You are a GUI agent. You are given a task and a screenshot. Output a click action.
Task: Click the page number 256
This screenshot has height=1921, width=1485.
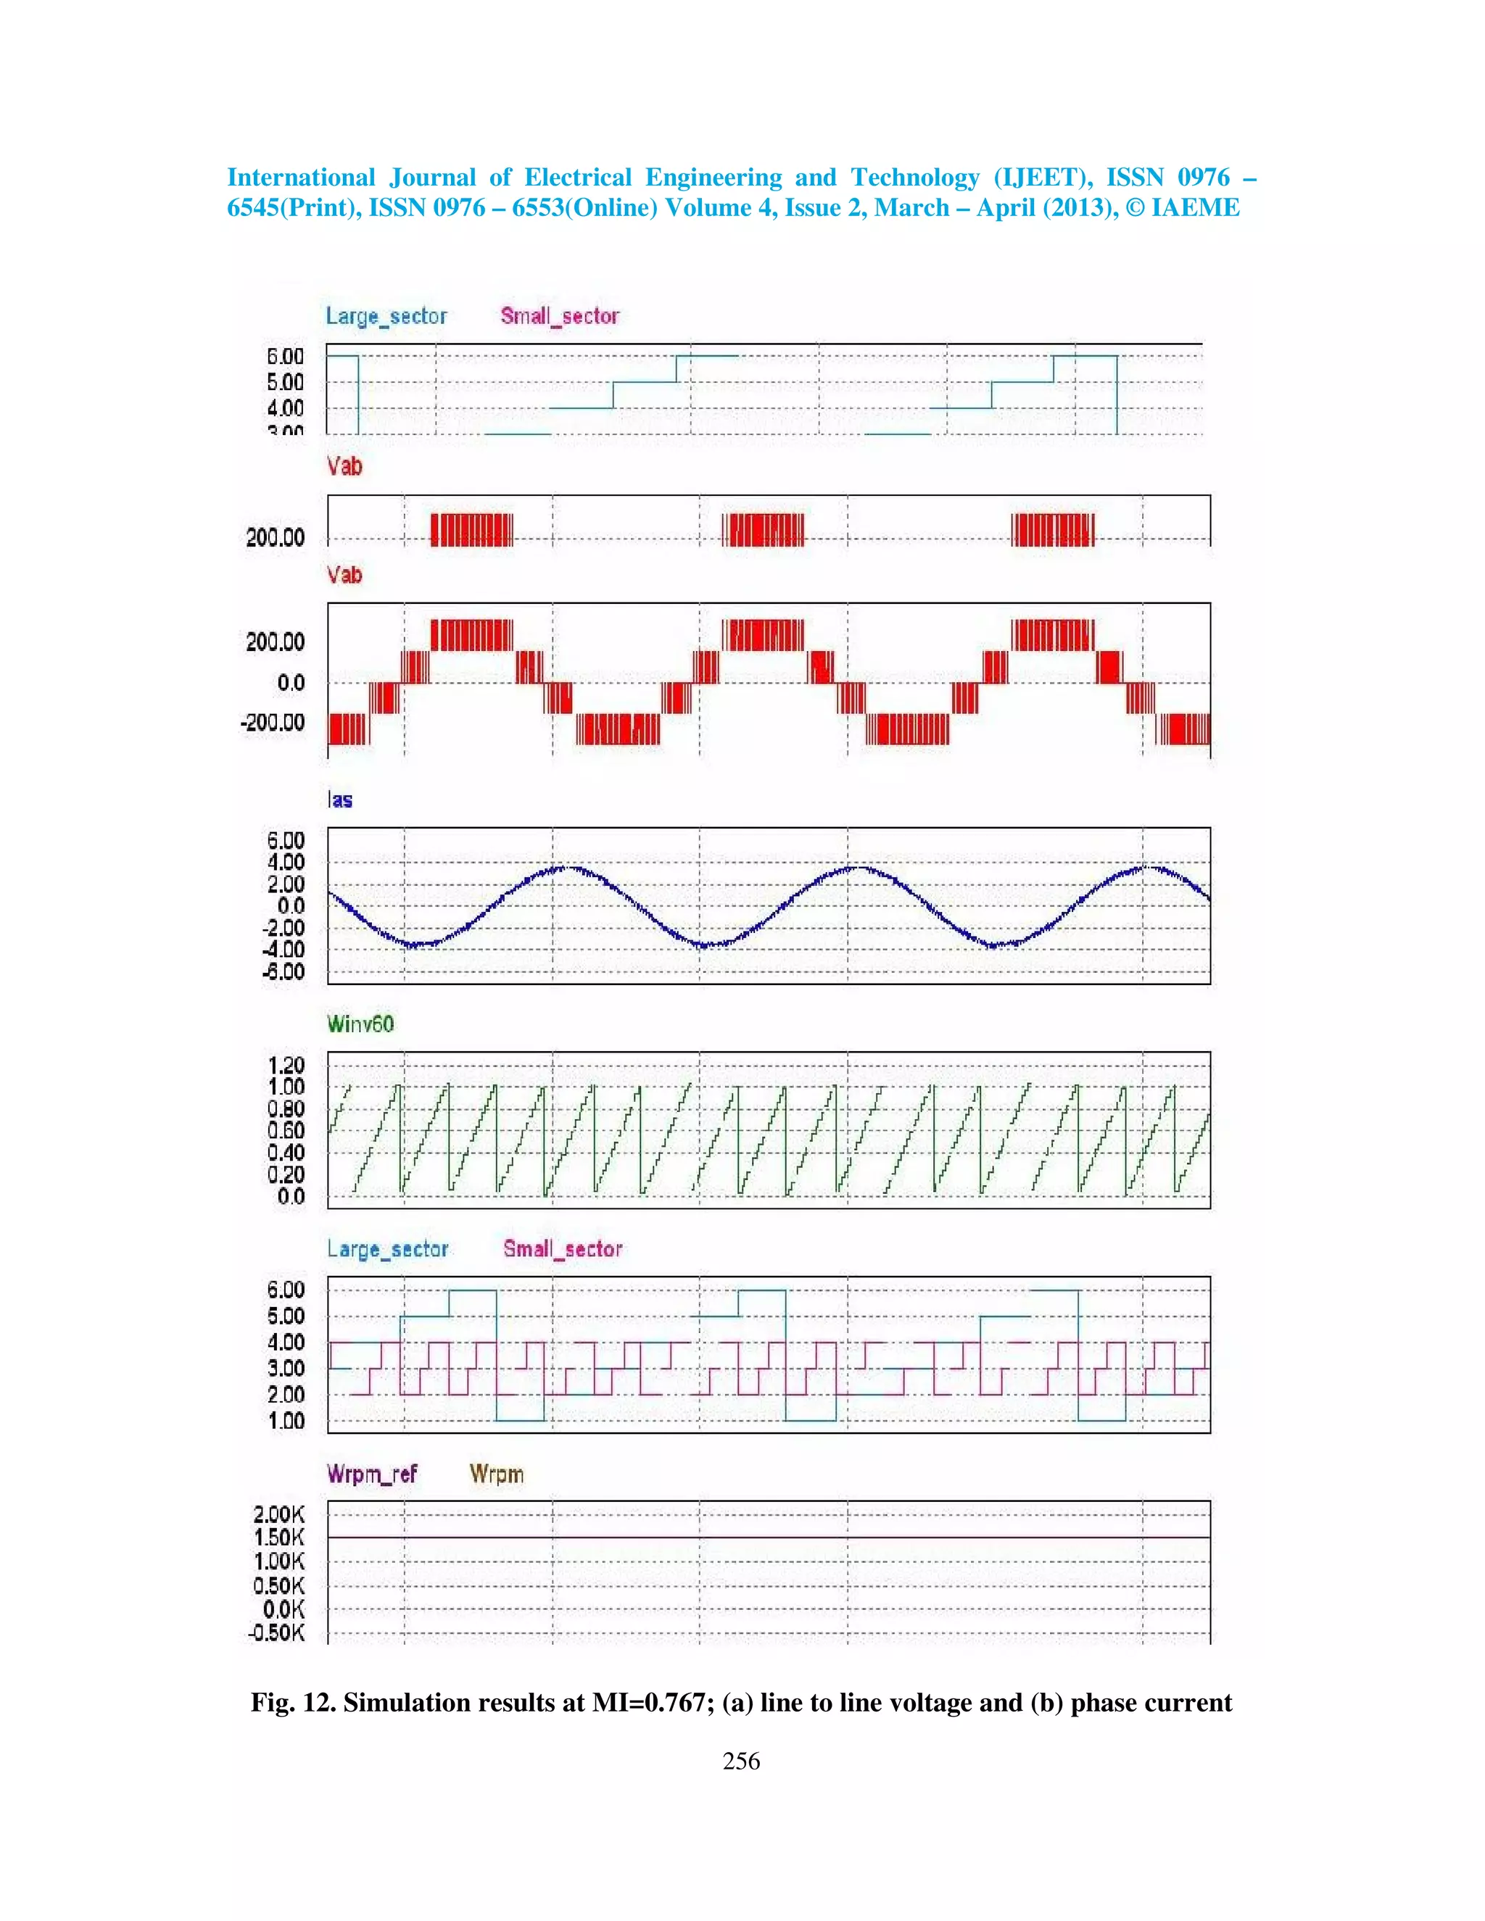click(x=741, y=1760)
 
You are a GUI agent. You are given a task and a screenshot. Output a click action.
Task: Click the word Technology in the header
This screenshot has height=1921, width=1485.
click(x=914, y=178)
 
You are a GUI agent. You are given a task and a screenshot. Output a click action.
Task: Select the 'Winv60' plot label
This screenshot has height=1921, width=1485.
click(x=360, y=1024)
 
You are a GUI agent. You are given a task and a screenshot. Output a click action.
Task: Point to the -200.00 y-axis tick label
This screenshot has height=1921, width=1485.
click(x=273, y=723)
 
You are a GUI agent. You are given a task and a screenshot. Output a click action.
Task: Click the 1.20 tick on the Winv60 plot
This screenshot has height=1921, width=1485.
click(x=286, y=1065)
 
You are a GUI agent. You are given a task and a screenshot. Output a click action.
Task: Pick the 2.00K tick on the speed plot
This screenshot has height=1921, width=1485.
click(x=279, y=1514)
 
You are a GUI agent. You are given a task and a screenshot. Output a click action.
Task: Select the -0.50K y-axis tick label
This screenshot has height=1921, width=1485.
click(x=276, y=1632)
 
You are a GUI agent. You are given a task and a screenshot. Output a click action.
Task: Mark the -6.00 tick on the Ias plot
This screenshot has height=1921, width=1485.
click(x=284, y=972)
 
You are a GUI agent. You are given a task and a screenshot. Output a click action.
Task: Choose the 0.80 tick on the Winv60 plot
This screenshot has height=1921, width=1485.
click(x=286, y=1109)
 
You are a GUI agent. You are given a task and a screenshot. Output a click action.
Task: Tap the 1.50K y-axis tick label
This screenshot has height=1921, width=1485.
click(x=279, y=1538)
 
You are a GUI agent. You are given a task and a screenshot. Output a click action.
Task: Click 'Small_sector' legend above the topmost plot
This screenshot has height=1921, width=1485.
click(x=561, y=316)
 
